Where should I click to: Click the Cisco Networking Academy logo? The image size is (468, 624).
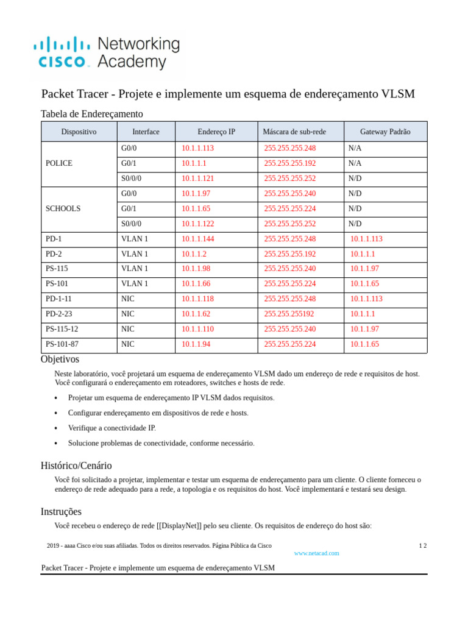click(107, 53)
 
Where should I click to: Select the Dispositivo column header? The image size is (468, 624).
click(79, 132)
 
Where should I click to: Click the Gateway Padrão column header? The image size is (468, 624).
click(385, 132)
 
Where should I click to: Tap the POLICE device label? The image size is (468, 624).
click(59, 163)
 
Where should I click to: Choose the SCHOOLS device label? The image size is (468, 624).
click(63, 208)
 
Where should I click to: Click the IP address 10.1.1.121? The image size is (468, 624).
click(197, 179)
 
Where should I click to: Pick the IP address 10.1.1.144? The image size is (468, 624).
click(197, 239)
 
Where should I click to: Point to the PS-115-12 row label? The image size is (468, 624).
click(62, 329)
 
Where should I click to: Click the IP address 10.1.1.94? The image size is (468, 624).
click(196, 344)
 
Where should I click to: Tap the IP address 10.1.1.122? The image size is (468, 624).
click(197, 224)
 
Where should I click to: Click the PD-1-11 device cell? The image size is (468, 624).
click(58, 299)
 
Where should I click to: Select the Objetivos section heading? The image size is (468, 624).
click(60, 360)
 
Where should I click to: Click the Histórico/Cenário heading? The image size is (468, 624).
click(76, 466)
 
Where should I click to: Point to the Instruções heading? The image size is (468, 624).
click(61, 512)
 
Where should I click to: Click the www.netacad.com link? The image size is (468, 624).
click(316, 553)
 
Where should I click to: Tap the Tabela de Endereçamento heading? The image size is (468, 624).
click(91, 114)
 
